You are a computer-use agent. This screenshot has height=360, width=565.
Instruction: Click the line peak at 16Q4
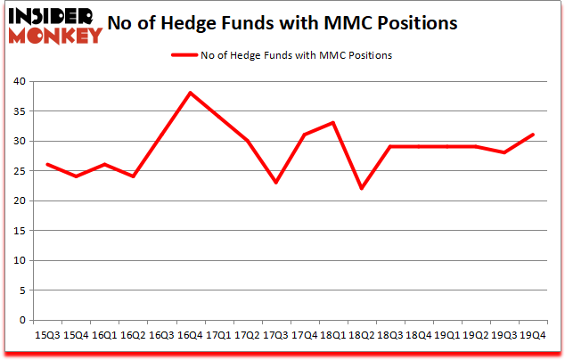[190, 93]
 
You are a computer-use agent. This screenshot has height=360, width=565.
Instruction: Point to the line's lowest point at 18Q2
[362, 188]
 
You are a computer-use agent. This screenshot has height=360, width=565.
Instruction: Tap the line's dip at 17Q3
[276, 183]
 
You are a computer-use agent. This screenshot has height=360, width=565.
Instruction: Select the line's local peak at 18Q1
[333, 122]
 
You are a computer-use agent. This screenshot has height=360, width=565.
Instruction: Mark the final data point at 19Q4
[534, 135]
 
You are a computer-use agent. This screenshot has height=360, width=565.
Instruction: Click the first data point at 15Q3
[47, 164]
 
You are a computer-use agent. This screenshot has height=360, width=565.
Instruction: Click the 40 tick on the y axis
[19, 81]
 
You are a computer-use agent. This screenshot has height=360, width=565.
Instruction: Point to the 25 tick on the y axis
[19, 171]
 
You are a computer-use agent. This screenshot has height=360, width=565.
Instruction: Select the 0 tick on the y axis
[22, 320]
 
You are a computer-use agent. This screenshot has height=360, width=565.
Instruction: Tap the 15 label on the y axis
[19, 231]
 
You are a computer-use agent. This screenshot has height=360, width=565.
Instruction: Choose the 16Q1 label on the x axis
[104, 335]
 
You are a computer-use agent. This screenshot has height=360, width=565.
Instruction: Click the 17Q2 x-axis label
[248, 335]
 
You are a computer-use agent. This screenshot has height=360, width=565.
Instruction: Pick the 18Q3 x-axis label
[390, 335]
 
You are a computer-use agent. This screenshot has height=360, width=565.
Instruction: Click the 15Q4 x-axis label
[76, 335]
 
